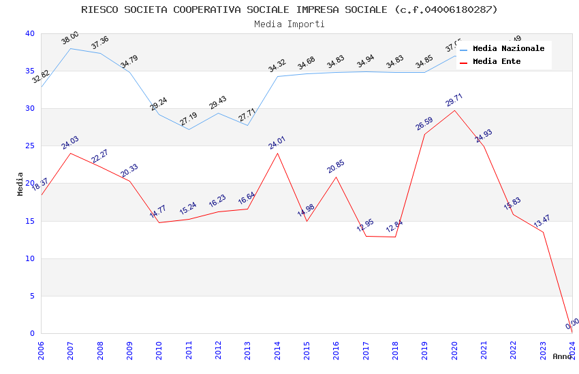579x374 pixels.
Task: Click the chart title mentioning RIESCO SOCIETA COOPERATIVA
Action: tap(289, 10)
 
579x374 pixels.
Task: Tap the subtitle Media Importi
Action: tap(289, 24)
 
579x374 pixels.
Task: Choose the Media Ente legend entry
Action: tap(497, 61)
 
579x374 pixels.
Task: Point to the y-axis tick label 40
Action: tap(29, 34)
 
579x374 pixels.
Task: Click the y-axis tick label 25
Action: tap(29, 146)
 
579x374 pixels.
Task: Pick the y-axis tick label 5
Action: tap(31, 296)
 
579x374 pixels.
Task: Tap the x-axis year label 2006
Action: tap(41, 350)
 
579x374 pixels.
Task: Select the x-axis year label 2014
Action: tap(277, 350)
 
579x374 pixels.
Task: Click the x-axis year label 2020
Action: tap(454, 350)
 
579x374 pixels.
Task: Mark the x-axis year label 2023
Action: tap(543, 350)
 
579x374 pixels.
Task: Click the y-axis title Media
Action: tap(20, 184)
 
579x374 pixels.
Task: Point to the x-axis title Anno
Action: tap(562, 356)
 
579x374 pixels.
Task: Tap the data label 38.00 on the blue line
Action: tap(70, 36)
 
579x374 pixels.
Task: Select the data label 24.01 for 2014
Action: tap(277, 142)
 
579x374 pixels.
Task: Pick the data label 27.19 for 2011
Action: tap(188, 119)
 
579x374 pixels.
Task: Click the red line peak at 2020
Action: tap(454, 110)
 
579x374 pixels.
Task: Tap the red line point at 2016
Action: tap(336, 177)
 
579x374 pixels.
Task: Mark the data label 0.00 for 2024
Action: tap(572, 323)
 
